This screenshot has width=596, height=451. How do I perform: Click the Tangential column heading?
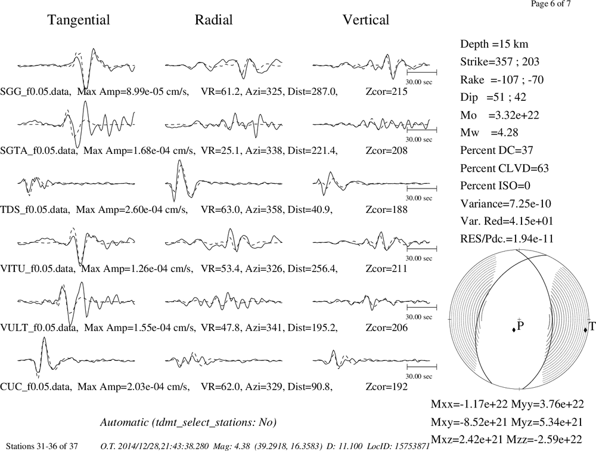click(79, 20)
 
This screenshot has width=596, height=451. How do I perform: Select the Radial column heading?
click(213, 20)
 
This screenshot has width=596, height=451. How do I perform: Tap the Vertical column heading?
click(366, 20)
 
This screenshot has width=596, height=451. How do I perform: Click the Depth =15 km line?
click(494, 44)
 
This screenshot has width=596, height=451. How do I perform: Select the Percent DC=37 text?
click(497, 150)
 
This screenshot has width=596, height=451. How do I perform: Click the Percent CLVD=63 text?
click(504, 168)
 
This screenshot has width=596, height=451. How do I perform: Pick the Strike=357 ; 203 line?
click(499, 61)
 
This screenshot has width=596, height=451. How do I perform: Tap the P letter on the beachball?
click(521, 326)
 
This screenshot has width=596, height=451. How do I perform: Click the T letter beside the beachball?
click(592, 326)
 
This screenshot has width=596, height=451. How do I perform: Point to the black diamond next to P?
click(514, 330)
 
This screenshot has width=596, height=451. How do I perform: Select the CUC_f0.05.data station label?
click(36, 387)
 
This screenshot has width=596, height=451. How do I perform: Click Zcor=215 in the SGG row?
click(387, 92)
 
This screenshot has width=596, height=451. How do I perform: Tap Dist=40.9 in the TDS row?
click(310, 210)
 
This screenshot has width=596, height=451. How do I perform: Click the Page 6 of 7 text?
click(551, 4)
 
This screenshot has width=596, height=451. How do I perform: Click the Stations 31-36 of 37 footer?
click(42, 446)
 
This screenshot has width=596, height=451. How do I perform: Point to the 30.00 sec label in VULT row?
click(419, 317)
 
